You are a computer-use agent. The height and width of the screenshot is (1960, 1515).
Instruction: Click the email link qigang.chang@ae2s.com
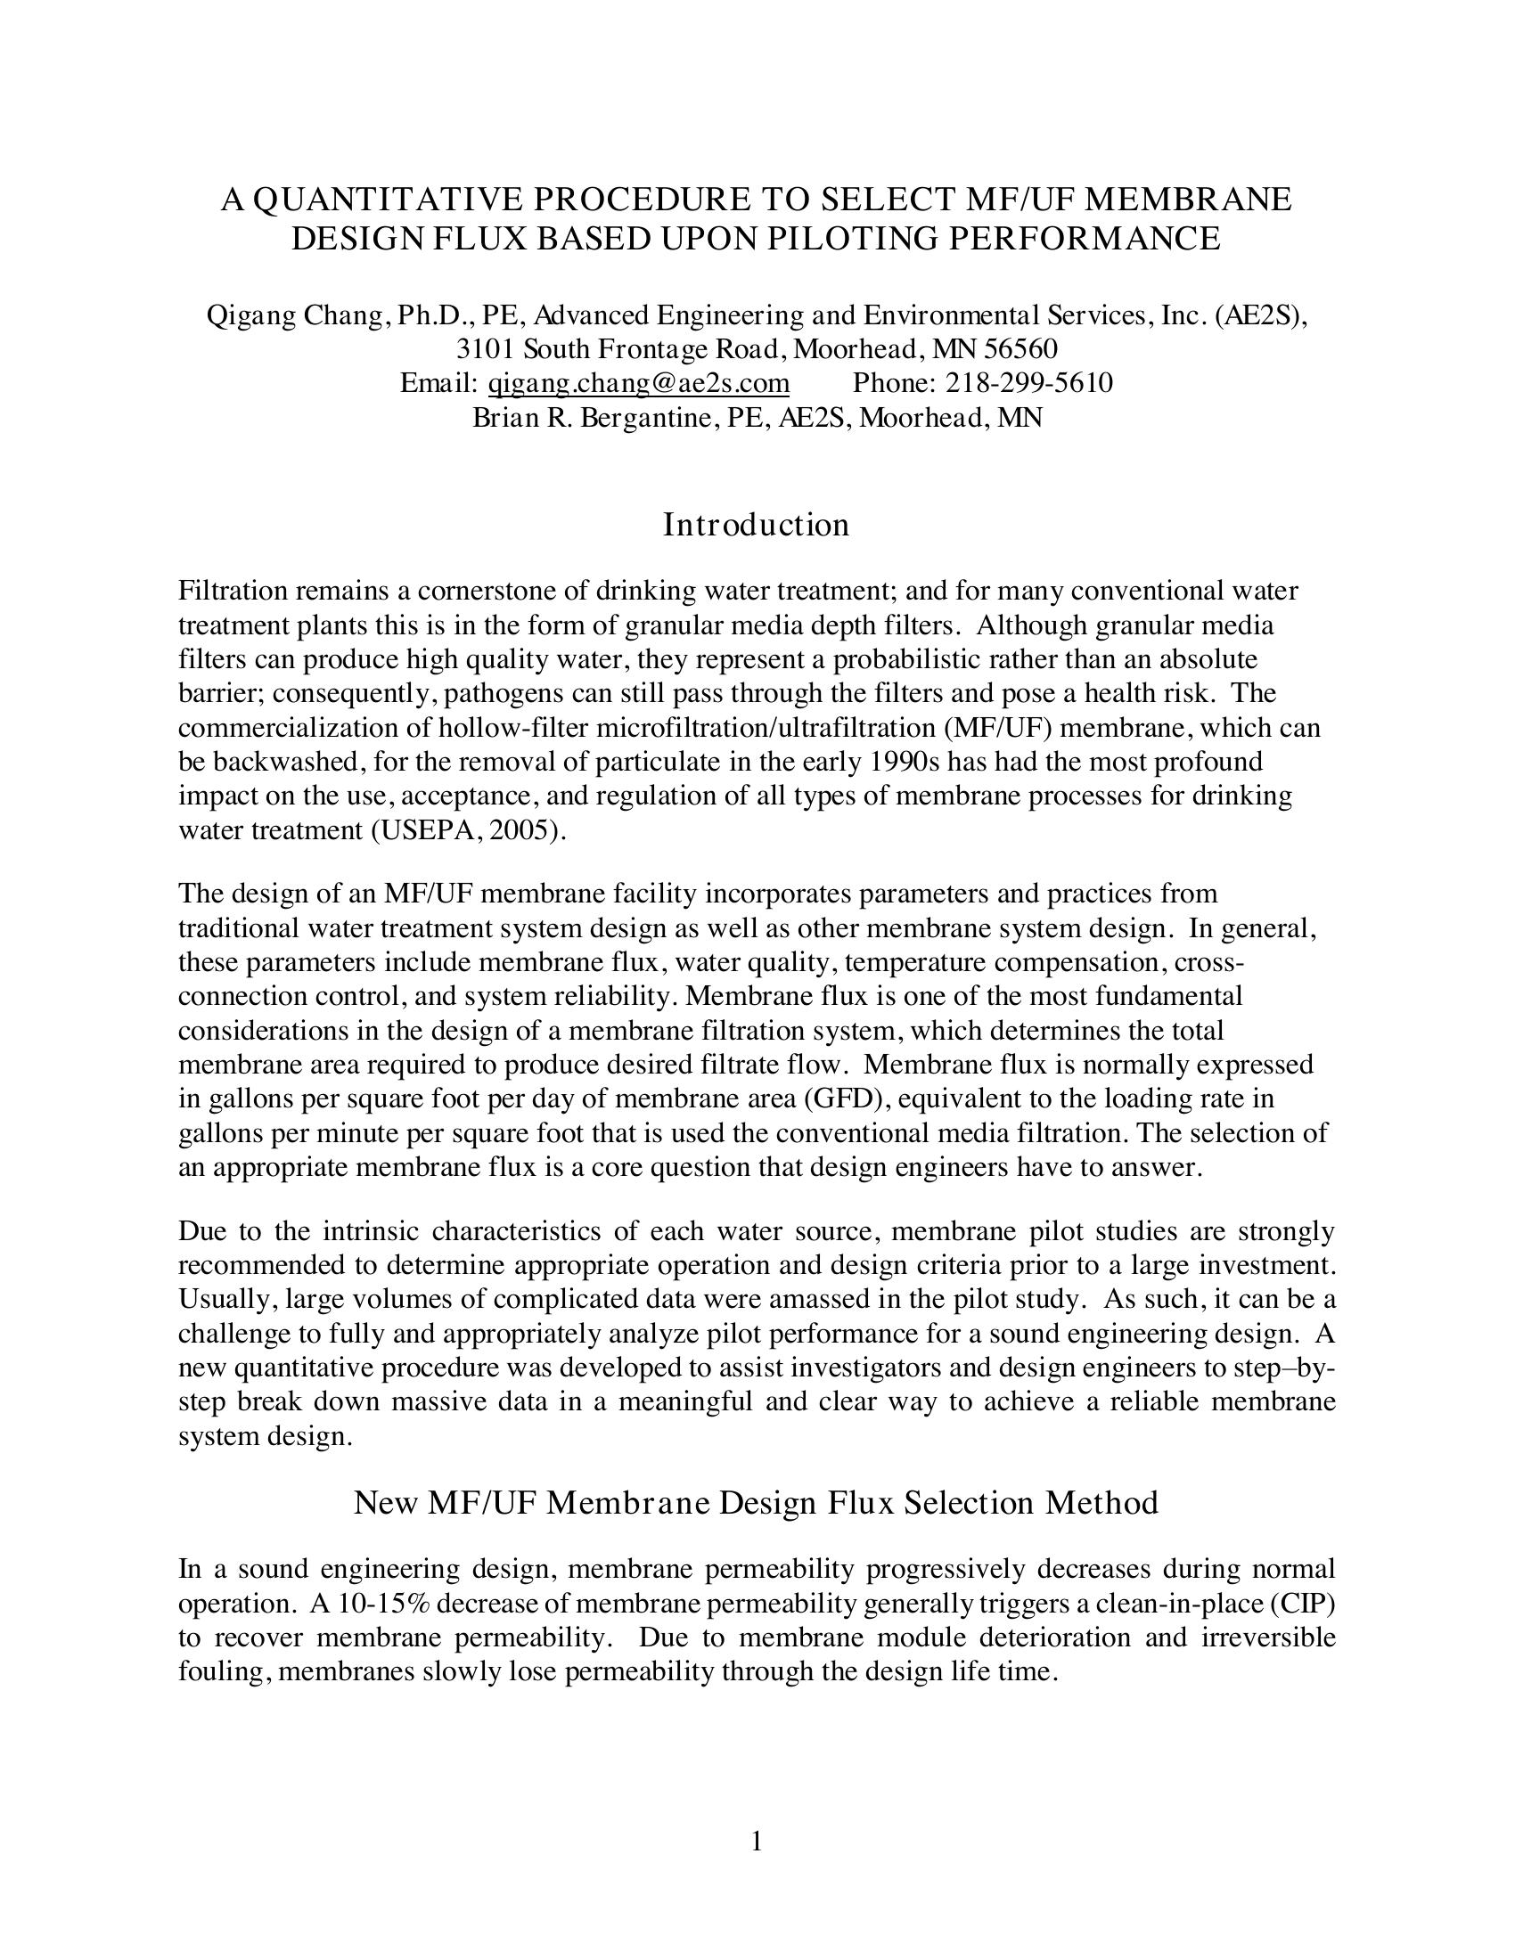coord(638,383)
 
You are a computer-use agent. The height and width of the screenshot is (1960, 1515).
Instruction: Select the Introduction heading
coord(756,525)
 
